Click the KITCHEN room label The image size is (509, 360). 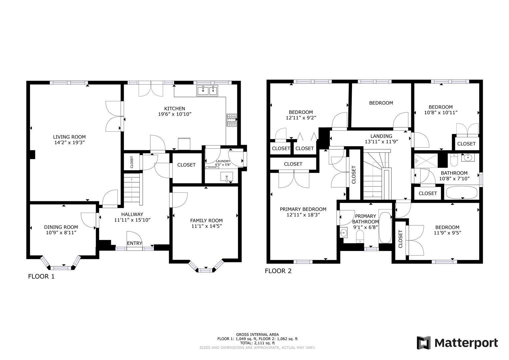[174, 109]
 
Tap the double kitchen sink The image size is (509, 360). [207, 90]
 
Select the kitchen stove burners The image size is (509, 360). [232, 120]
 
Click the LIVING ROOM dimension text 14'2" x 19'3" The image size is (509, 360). [69, 142]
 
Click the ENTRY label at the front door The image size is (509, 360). [134, 243]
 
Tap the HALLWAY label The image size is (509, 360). [132, 214]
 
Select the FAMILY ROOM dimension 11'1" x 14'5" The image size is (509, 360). [206, 226]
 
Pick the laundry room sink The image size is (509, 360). [227, 176]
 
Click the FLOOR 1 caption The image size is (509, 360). [41, 276]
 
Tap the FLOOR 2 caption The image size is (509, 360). [278, 271]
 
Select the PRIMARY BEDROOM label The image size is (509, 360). [303, 209]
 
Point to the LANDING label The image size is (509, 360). [381, 136]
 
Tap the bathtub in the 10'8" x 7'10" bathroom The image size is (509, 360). [461, 192]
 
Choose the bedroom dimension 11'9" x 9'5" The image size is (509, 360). [447, 233]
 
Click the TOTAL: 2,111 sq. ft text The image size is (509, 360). [257, 343]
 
